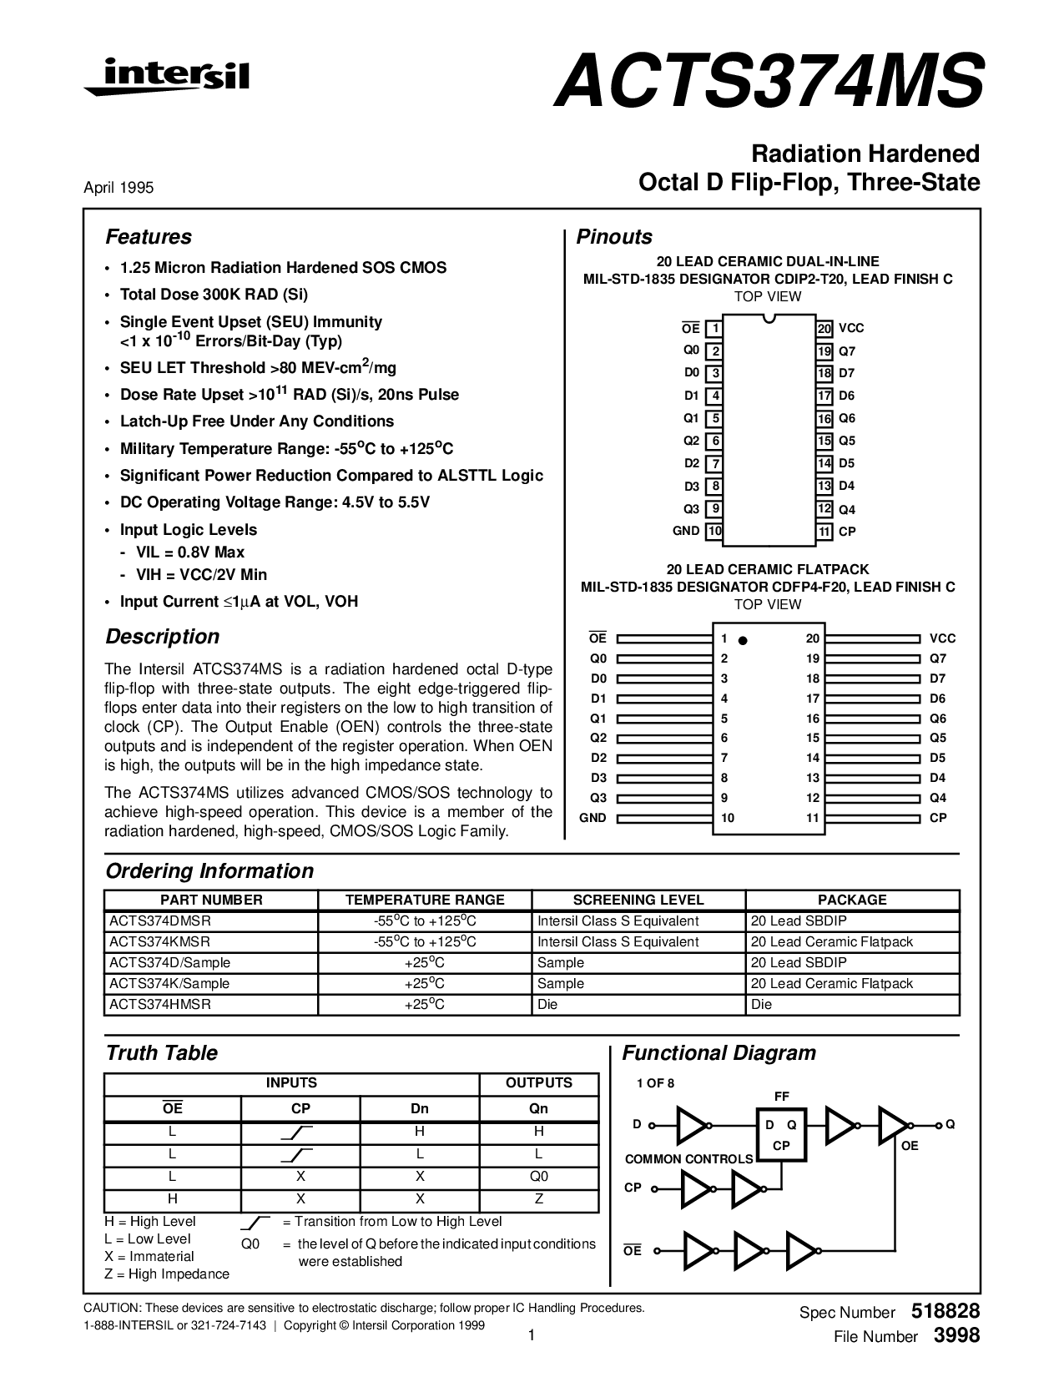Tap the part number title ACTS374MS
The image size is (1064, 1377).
768,81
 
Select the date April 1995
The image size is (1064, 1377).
119,188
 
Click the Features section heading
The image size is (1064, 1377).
149,237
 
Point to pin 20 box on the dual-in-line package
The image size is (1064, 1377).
824,329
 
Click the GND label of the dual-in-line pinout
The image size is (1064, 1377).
686,531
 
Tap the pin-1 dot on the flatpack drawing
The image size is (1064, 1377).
743,640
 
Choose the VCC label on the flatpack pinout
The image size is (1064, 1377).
943,638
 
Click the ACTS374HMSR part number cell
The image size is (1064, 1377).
160,1004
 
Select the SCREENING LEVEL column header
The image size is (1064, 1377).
638,900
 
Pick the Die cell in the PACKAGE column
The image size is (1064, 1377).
762,1004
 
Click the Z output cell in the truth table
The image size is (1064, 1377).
539,1198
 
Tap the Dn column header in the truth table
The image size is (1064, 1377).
420,1108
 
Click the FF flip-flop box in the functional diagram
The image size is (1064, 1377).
782,1133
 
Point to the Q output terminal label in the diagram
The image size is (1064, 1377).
950,1124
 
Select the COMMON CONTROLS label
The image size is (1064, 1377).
688,1158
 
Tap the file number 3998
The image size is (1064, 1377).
956,1335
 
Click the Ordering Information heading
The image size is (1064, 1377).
209,871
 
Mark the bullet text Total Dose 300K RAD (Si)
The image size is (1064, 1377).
214,295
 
